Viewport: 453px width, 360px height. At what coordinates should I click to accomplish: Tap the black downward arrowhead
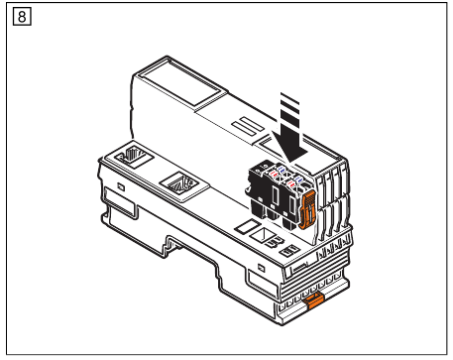coord(289,149)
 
